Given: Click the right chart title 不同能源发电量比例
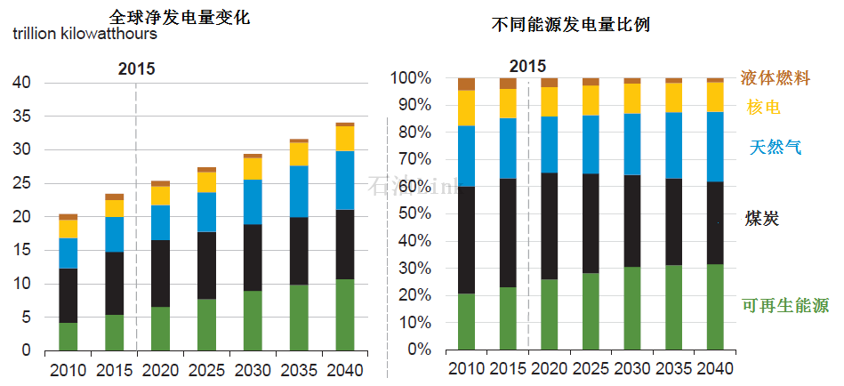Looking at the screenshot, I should pos(571,25).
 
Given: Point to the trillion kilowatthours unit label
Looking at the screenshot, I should pos(85,35).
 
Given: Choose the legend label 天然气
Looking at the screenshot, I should pos(770,147).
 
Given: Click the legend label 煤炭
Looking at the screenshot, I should pos(763,218).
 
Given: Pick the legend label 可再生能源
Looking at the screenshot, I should pos(784,306).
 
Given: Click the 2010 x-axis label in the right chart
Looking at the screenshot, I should pos(466,369).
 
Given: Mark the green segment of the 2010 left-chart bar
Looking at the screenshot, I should pos(68,336).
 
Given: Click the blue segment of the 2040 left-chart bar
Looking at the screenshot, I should pos(344,181).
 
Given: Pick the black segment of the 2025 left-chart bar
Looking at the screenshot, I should pos(206,265).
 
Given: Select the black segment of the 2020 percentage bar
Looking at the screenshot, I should pos(550,226).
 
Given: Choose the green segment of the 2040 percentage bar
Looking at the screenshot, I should pos(715,307).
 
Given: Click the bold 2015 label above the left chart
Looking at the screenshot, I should pos(137,68).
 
